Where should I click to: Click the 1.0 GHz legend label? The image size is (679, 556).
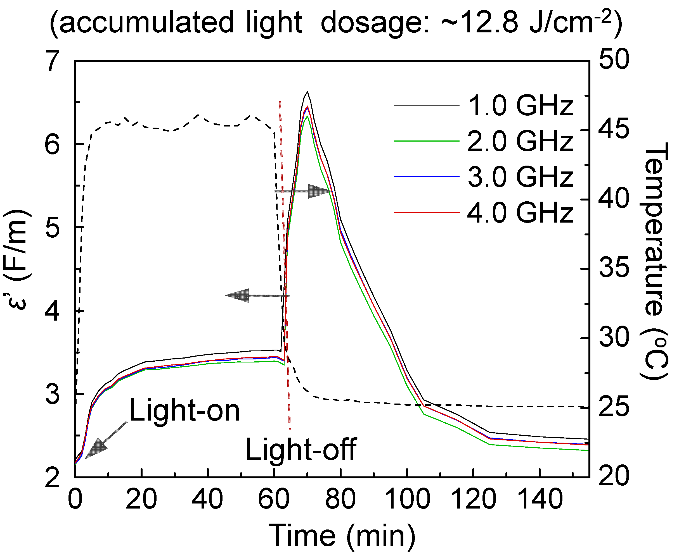520,106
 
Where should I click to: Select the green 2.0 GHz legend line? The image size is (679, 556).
426,141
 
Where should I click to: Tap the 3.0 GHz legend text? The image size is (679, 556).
520,177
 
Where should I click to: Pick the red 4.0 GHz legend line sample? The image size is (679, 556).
426,212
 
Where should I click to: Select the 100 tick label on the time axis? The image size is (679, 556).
407,500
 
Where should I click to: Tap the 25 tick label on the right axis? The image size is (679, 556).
614,407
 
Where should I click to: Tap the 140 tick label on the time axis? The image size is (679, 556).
540,500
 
